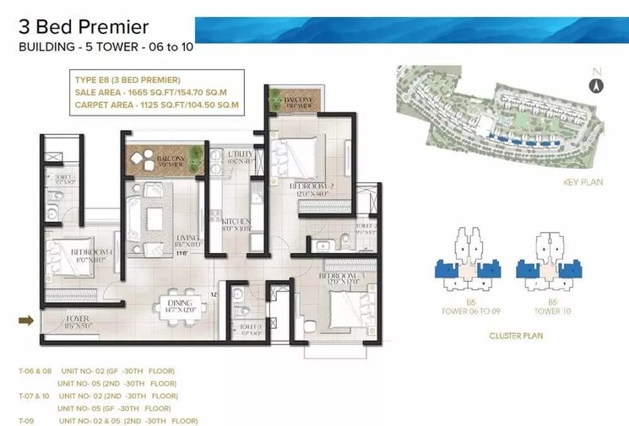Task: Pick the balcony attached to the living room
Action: pyautogui.click(x=164, y=159)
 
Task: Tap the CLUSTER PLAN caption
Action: pyautogui.click(x=516, y=336)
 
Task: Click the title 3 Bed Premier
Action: pyautogui.click(x=84, y=28)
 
